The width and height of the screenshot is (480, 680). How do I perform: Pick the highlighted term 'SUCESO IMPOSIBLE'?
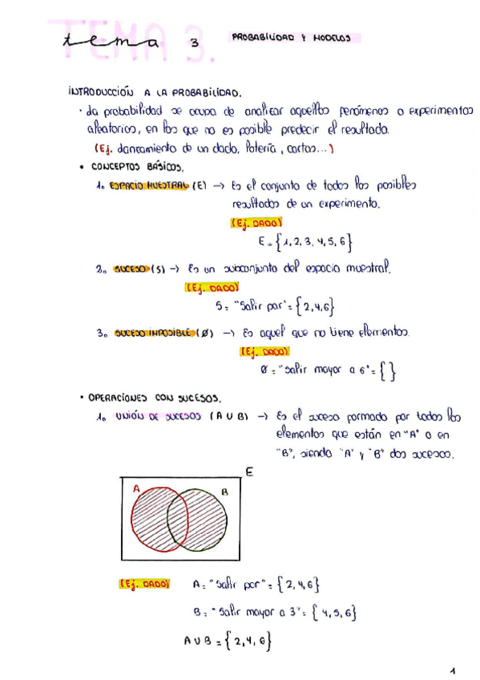[x=156, y=331]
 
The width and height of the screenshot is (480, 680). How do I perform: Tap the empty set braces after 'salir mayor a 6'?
[x=387, y=371]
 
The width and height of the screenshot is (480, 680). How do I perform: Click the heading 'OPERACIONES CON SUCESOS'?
[x=155, y=398]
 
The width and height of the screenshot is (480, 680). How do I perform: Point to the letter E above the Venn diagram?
[x=249, y=473]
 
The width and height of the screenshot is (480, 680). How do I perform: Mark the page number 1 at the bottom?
[x=452, y=670]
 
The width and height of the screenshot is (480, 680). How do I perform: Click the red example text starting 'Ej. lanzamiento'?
[x=213, y=148]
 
